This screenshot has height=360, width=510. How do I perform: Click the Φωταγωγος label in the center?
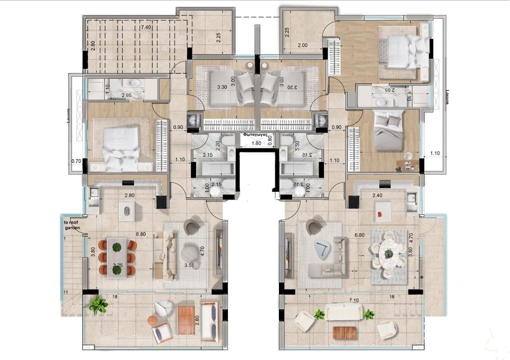pyautogui.click(x=255, y=135)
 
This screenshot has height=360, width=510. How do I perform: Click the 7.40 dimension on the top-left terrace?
pyautogui.click(x=146, y=27)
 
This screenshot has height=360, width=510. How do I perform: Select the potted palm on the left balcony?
pyautogui.click(x=98, y=305)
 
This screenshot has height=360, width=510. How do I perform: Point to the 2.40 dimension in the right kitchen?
pyautogui.click(x=377, y=196)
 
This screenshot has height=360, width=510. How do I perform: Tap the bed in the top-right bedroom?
pyautogui.click(x=402, y=52)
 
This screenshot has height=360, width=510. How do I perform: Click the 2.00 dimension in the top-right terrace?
pyautogui.click(x=303, y=45)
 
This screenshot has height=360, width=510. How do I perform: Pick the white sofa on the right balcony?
pyautogui.click(x=343, y=311)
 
